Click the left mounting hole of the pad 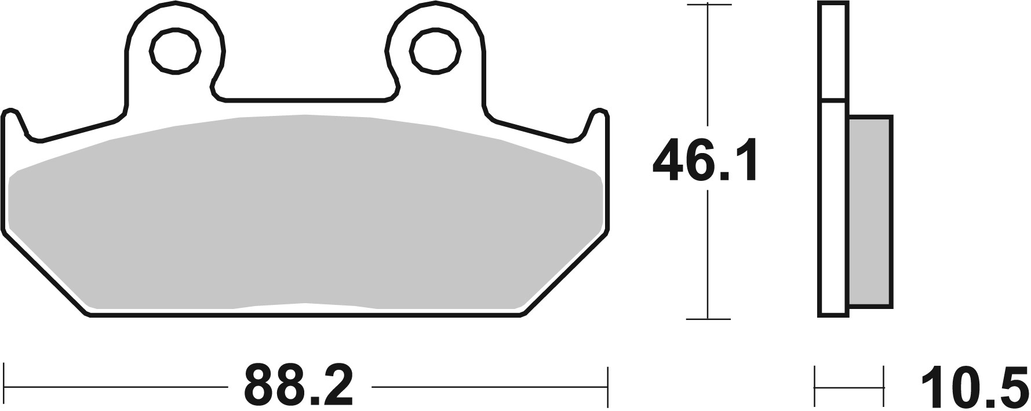pos(176,52)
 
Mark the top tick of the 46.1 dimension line pos(708,5)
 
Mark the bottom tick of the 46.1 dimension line pos(708,319)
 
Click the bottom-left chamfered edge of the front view pos(46,272)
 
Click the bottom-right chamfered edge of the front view pos(565,272)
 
